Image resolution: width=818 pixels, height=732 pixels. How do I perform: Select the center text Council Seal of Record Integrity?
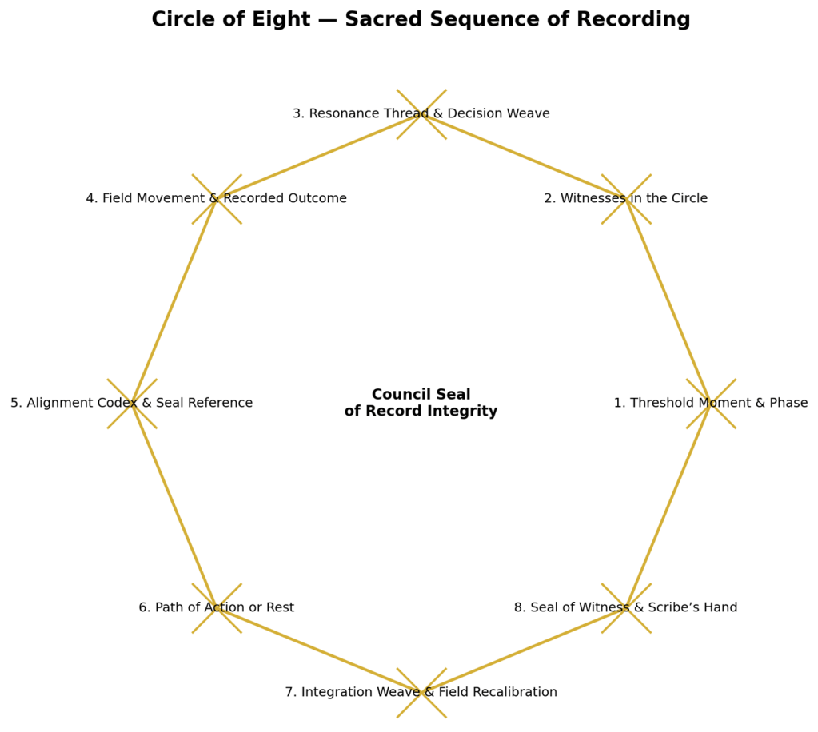point(421,403)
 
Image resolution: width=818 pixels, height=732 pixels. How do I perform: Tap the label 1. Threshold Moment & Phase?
point(710,403)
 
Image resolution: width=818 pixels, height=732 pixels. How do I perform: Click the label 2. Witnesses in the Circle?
point(625,198)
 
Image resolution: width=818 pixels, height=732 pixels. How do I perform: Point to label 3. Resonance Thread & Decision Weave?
point(421,113)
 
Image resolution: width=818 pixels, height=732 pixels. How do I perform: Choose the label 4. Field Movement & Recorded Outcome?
point(216,198)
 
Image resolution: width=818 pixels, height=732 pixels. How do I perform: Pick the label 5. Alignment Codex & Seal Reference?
point(131,403)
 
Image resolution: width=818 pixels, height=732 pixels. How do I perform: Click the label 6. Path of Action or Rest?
point(216,607)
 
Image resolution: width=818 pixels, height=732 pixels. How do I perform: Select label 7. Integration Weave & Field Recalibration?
point(421,692)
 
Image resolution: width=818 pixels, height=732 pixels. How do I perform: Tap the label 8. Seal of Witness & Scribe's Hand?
point(625,607)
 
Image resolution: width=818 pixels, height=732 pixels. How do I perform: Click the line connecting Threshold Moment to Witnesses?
point(668,300)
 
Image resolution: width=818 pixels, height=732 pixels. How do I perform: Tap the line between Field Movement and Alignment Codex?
point(174,300)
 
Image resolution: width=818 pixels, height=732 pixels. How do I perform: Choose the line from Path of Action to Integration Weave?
point(318,650)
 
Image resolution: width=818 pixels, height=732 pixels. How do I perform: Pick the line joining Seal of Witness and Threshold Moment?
point(668,505)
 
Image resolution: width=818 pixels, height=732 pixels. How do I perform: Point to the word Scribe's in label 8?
point(678,607)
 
